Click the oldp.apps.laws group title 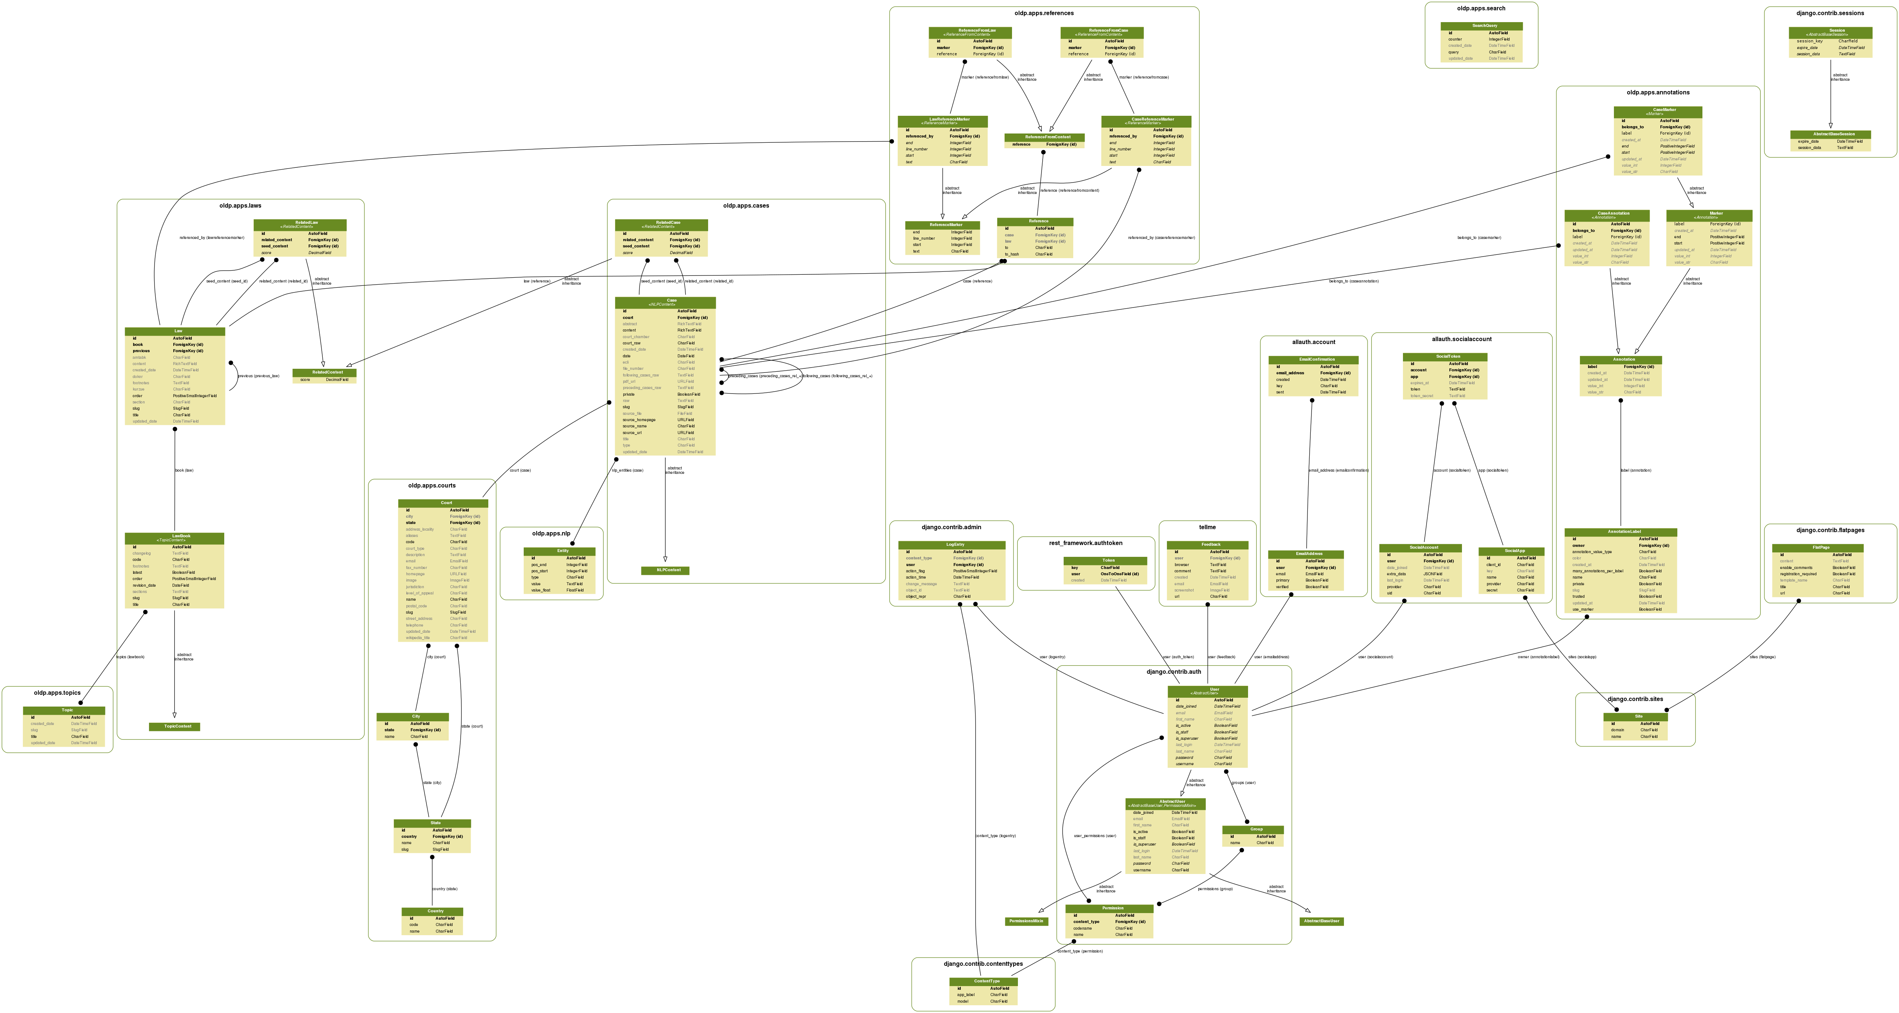tap(240, 206)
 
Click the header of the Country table tap(435, 911)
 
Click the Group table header tap(1256, 829)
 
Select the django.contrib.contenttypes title tap(983, 964)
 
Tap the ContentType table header tap(986, 981)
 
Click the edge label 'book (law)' tap(184, 471)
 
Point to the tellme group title tap(1207, 527)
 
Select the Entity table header tap(562, 551)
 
